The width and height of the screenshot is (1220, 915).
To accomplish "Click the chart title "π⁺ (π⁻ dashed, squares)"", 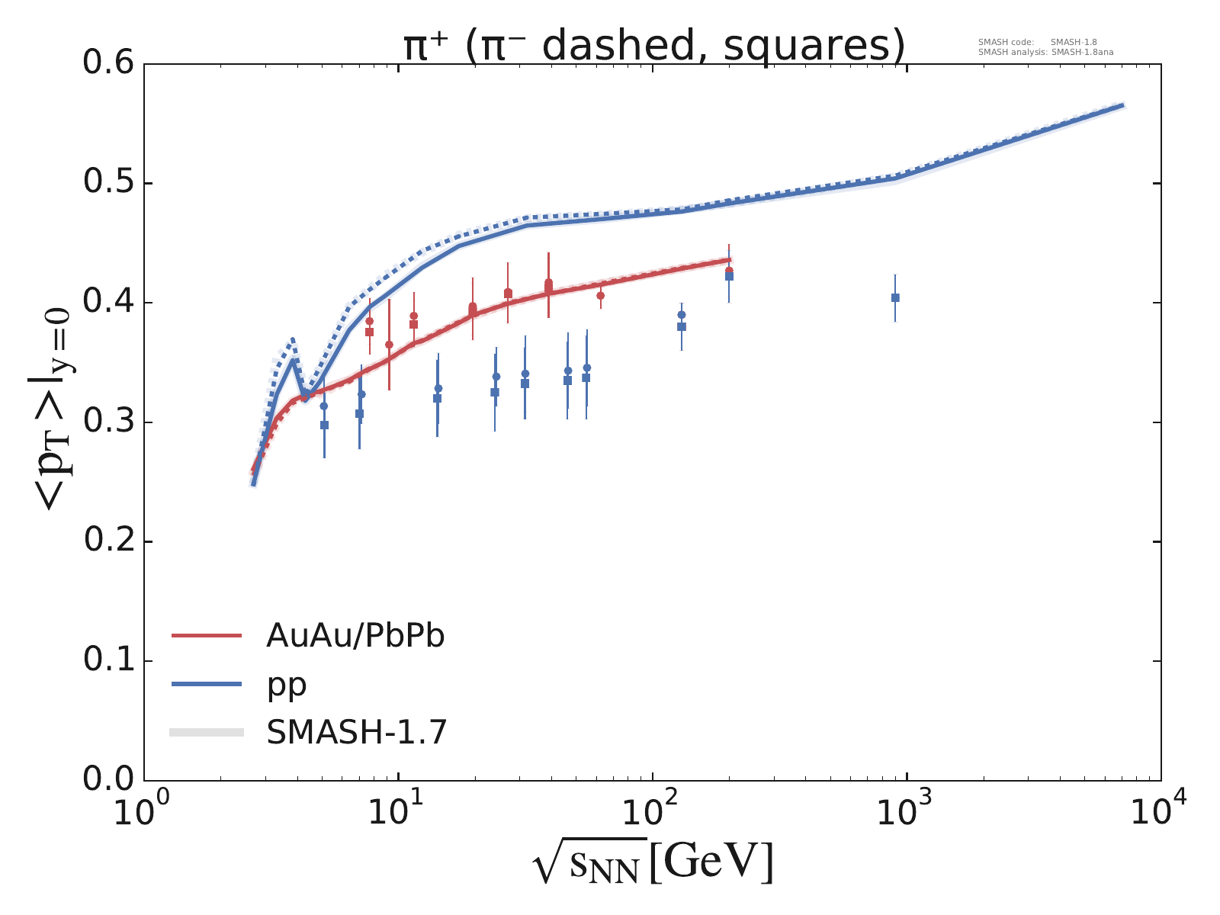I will [654, 46].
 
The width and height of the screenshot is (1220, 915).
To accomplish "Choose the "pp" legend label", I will [287, 684].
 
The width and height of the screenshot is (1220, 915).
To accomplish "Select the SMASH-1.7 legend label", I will [356, 733].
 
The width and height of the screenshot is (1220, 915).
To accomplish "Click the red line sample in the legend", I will [207, 635].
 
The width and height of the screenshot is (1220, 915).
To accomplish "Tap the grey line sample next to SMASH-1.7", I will [207, 733].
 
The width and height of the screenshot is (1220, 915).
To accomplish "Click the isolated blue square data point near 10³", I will [895, 297].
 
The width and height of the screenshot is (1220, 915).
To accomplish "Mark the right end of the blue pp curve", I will [1123, 106].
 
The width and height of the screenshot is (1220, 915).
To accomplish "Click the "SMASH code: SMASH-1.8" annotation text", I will [1037, 43].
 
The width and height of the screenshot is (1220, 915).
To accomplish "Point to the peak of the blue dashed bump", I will [292, 339].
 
